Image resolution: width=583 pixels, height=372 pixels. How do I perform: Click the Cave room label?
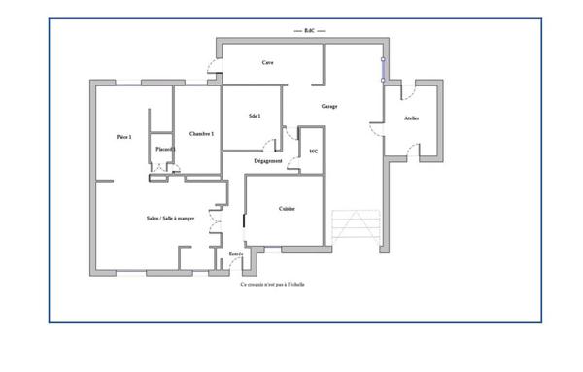coord(267,63)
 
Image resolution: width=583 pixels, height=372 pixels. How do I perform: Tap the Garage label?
coord(329,106)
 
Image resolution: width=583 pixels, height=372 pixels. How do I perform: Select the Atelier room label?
coord(412,118)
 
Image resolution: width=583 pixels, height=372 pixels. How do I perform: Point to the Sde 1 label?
coord(255,117)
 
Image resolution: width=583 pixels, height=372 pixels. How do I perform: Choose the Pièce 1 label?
coord(123,137)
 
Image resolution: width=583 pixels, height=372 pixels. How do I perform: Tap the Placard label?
coord(163,149)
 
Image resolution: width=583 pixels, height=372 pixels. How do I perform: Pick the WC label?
coord(312,152)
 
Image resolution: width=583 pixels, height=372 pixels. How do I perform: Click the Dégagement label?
coord(268,160)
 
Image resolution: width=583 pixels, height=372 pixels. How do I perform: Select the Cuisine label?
coord(287,209)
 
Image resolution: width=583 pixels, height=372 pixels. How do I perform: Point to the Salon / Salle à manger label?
coord(170,219)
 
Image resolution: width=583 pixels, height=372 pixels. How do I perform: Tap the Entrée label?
coord(236,254)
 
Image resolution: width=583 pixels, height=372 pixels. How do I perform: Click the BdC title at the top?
coord(309,31)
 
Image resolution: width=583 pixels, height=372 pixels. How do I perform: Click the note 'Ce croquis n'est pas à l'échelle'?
coord(273,285)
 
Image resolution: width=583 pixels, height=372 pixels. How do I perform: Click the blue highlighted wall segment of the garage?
coord(383,69)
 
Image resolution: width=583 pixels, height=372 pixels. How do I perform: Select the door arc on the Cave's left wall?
coord(213,69)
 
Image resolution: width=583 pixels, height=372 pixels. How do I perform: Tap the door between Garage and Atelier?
coord(377,127)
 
